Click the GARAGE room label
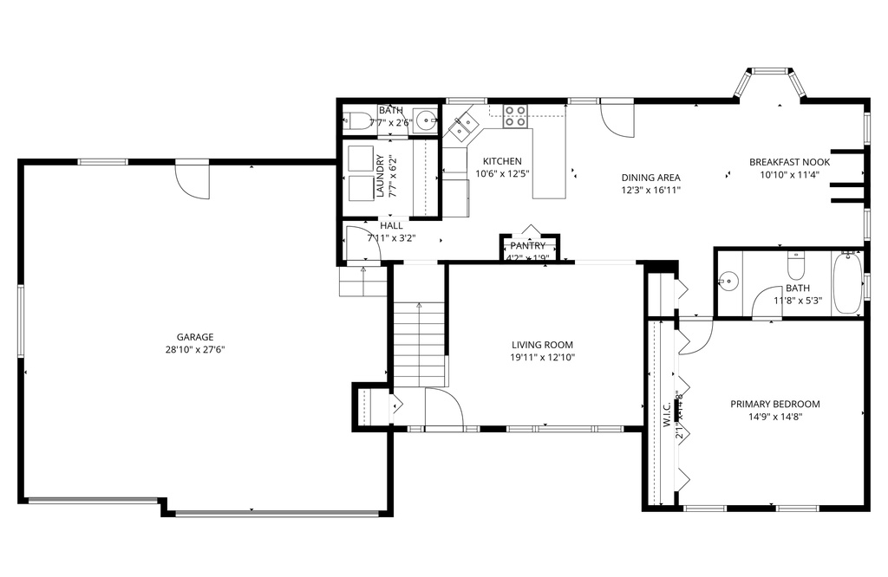tap(195, 337)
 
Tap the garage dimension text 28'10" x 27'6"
tap(195, 349)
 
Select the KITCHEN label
tap(502, 161)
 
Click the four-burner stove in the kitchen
tap(515, 115)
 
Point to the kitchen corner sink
tap(460, 126)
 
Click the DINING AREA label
tap(650, 178)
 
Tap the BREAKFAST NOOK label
tap(789, 162)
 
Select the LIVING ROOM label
tap(542, 345)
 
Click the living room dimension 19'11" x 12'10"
tap(542, 357)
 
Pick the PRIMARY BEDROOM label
tap(774, 404)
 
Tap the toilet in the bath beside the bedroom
tap(795, 261)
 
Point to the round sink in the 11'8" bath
tap(728, 281)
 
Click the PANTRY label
tap(527, 246)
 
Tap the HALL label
tap(391, 225)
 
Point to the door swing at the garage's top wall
tap(192, 179)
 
